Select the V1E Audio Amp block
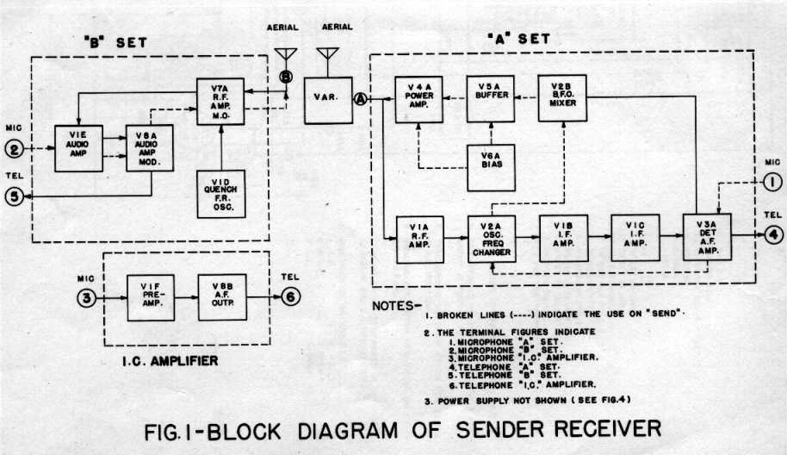pyautogui.click(x=78, y=148)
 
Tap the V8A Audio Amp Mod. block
pyautogui.click(x=150, y=149)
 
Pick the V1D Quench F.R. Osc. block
pyautogui.click(x=222, y=193)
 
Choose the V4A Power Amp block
pyautogui.click(x=418, y=98)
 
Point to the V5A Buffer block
pyautogui.click(x=491, y=98)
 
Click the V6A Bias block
pyautogui.click(x=491, y=167)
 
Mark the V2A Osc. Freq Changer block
pyautogui.click(x=491, y=239)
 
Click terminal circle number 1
pyautogui.click(x=772, y=182)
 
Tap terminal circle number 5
pyautogui.click(x=14, y=197)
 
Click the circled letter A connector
pyautogui.click(x=361, y=99)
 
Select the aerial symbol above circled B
pyautogui.click(x=286, y=57)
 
